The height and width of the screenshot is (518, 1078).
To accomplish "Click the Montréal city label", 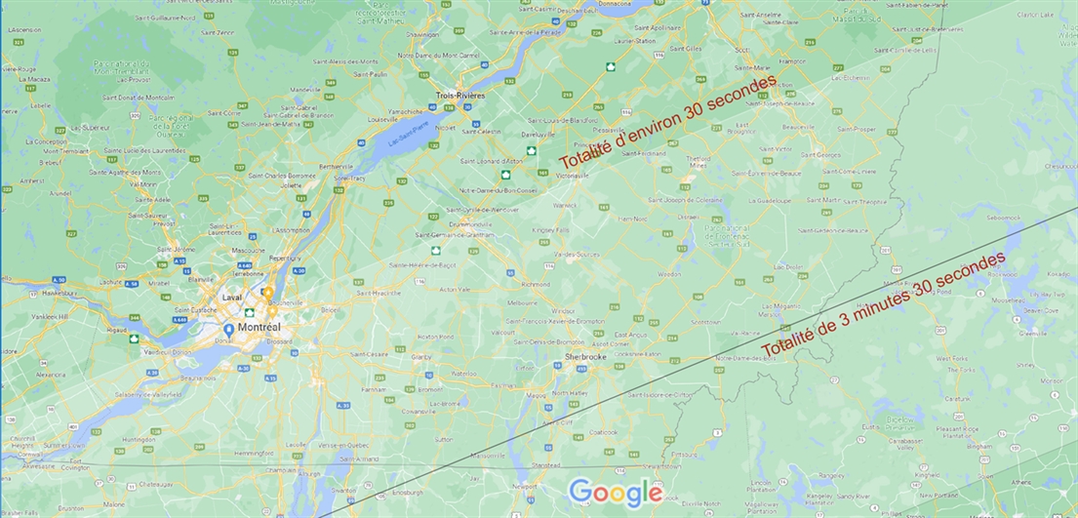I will point(260,328).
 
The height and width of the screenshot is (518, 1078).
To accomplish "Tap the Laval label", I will point(232,298).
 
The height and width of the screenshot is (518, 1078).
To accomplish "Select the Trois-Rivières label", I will point(460,96).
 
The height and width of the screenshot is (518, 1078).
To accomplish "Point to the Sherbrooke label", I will point(585,357).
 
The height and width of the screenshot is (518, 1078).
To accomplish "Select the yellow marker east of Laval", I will point(267,293).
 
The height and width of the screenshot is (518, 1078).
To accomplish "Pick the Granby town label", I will point(421,358).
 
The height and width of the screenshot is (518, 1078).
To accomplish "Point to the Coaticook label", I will point(602,431).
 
